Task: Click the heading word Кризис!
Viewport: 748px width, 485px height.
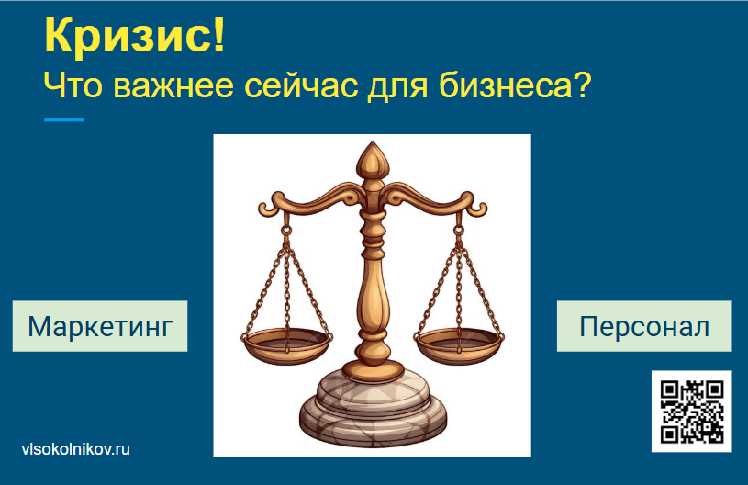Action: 135,36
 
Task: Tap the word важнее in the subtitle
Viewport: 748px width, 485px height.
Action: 173,86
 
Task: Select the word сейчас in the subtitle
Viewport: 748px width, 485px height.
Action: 301,86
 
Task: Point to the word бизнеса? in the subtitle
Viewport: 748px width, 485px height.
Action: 515,85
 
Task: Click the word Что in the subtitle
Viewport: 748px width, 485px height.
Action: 73,86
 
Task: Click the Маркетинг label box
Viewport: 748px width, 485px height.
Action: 100,326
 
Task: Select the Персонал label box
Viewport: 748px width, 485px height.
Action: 644,326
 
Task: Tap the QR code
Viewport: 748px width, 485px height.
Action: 692,412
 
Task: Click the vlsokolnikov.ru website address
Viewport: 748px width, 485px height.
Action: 76,449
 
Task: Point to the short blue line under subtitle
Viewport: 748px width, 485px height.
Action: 64,119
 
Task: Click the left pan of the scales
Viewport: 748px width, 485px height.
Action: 286,344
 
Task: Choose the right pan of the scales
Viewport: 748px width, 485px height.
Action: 459,344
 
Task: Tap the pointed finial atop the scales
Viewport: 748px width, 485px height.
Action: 373,159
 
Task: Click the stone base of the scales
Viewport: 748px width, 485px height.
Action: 373,407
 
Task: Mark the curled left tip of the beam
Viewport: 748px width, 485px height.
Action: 266,209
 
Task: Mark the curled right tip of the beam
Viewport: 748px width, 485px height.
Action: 479,209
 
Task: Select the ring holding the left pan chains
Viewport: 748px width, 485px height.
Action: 286,231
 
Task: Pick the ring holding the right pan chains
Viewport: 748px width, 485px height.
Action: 458,231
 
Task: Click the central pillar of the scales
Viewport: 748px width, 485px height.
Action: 373,287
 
